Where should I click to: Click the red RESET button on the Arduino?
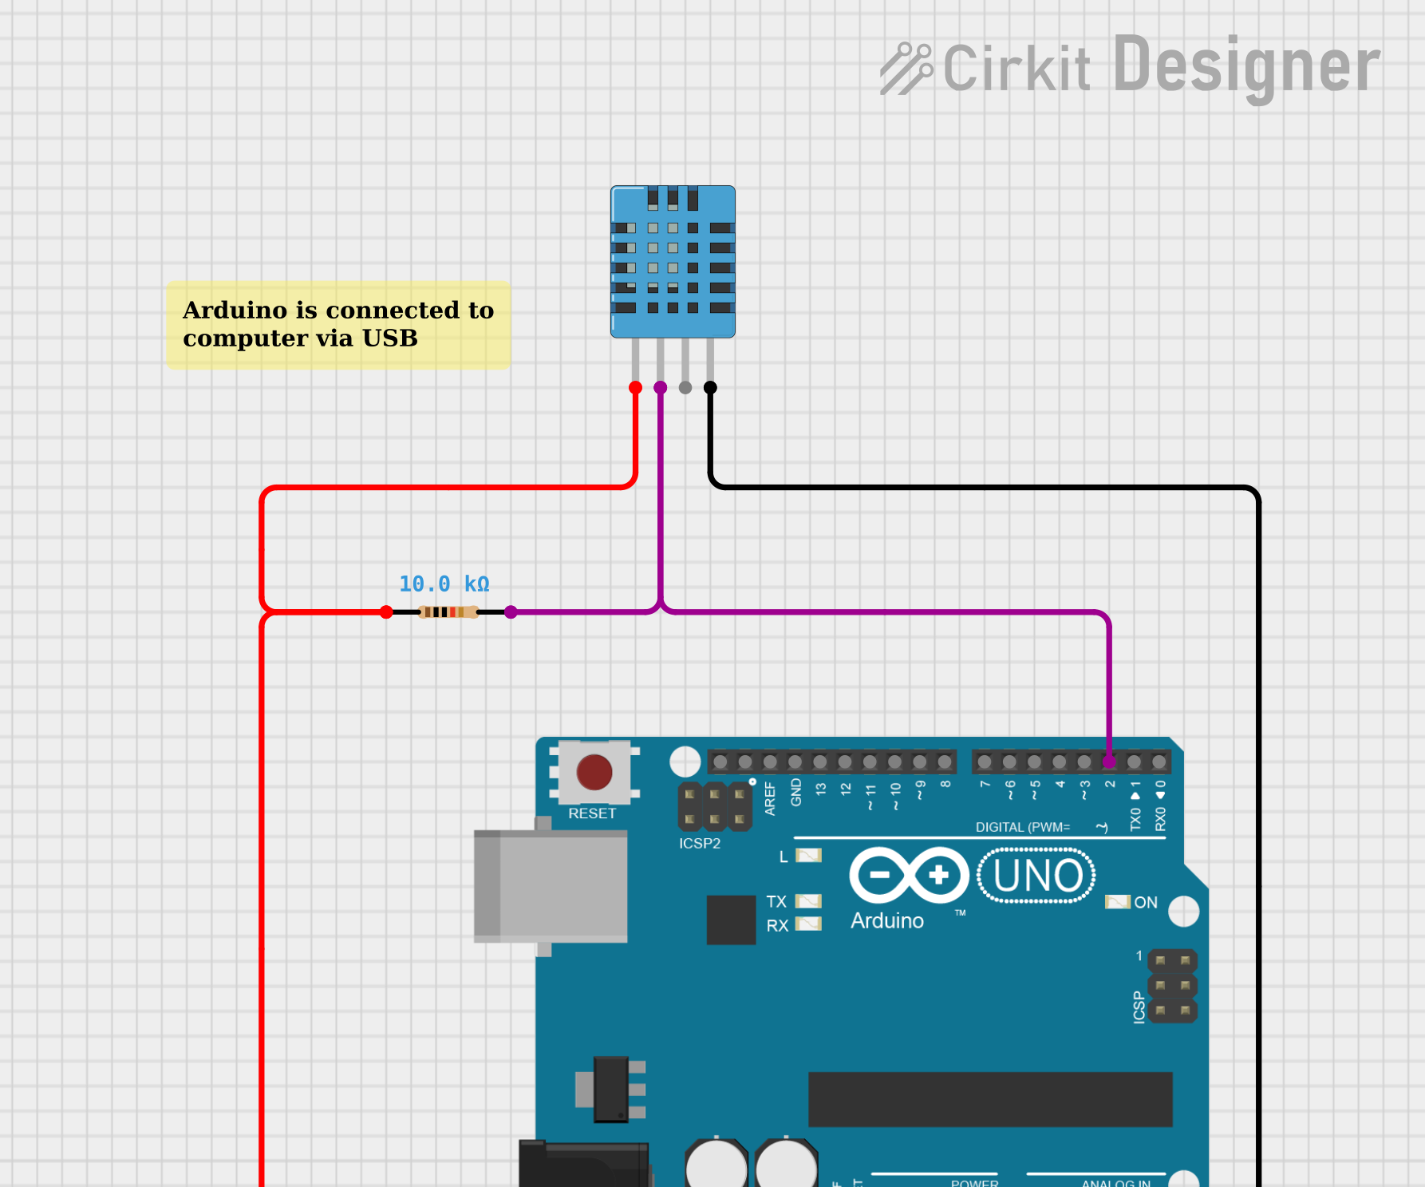(594, 772)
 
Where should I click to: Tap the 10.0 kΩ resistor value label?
(444, 584)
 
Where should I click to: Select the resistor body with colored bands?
(448, 612)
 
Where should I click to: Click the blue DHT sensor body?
(673, 261)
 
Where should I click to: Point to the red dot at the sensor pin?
(635, 388)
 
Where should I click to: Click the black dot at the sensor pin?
(710, 388)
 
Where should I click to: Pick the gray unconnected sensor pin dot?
(685, 388)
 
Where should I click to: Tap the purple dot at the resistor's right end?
(511, 612)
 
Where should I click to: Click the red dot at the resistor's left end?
(386, 612)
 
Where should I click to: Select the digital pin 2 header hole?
(1109, 762)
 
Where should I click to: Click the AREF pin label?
(770, 798)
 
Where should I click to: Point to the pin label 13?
(820, 789)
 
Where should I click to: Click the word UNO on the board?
(1037, 876)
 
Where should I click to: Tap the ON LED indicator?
(1117, 902)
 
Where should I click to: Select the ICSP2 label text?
(700, 844)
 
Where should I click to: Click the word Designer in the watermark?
(1245, 66)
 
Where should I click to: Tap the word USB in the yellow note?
(390, 338)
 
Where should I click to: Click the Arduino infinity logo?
(909, 875)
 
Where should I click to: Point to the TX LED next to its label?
(808, 901)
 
